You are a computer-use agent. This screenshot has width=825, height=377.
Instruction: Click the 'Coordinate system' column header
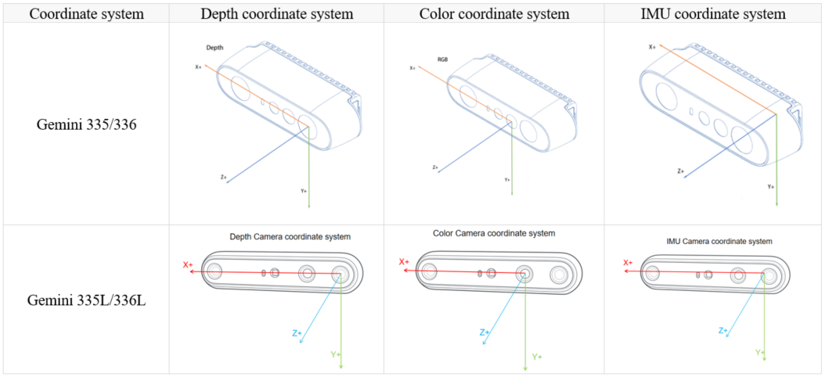(x=85, y=13)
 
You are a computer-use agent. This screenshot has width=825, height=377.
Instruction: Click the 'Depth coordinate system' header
(x=276, y=13)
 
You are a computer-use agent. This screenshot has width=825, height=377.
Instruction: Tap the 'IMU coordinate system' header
(x=712, y=13)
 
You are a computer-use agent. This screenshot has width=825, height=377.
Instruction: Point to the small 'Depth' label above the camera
(x=215, y=48)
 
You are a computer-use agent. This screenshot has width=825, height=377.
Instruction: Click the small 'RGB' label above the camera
(x=443, y=59)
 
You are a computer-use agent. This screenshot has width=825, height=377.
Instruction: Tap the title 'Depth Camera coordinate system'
(x=290, y=236)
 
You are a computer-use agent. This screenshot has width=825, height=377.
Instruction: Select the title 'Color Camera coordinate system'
(x=494, y=233)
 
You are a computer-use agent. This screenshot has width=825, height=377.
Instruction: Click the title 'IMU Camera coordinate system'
(x=719, y=242)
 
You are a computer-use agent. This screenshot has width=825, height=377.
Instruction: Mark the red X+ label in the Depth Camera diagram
(x=188, y=265)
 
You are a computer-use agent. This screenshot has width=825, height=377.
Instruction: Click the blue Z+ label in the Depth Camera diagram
(x=297, y=333)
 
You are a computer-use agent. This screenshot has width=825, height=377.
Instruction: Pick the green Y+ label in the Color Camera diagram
(x=537, y=357)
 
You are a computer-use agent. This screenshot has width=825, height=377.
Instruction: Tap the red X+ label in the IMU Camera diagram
(x=628, y=264)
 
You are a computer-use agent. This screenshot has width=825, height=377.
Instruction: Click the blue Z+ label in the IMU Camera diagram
(x=723, y=331)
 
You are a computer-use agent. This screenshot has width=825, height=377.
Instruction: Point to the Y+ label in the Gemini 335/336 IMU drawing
(x=771, y=186)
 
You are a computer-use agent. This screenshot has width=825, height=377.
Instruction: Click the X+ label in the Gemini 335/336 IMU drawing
(x=653, y=47)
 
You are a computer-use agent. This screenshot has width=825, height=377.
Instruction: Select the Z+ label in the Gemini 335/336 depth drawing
(x=224, y=178)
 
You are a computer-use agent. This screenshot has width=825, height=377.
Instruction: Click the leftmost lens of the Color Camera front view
(x=429, y=272)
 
